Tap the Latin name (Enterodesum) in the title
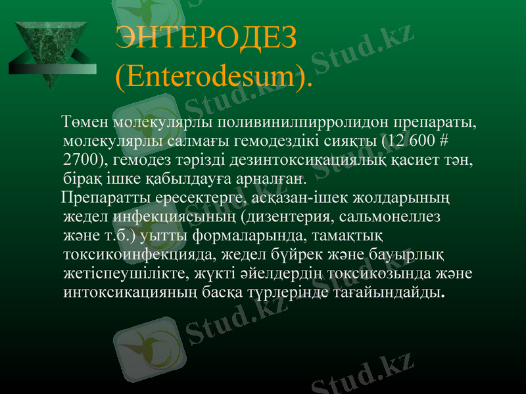pyautogui.click(x=212, y=77)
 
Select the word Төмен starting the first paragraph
pyautogui.click(x=85, y=123)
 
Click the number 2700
pyautogui.click(x=84, y=160)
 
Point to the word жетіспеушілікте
pyautogui.click(x=135, y=271)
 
